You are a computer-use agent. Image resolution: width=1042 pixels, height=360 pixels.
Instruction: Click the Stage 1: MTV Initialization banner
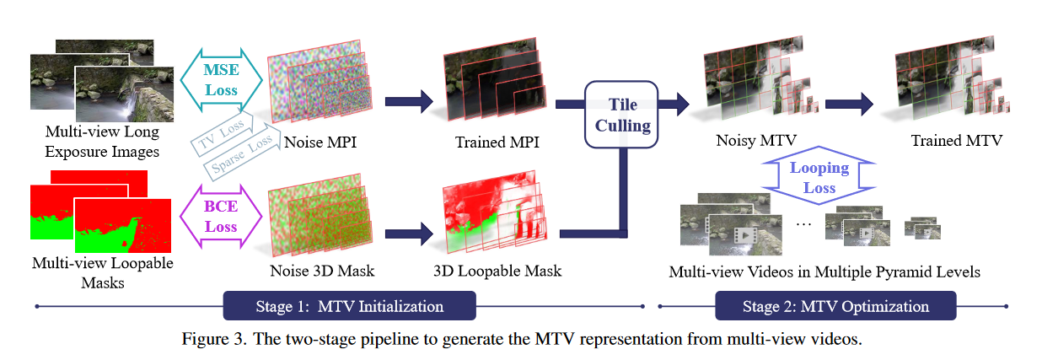click(x=349, y=306)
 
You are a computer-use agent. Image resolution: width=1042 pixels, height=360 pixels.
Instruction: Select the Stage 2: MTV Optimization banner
click(x=835, y=306)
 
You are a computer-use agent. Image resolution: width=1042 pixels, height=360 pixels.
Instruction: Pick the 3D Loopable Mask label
click(x=497, y=271)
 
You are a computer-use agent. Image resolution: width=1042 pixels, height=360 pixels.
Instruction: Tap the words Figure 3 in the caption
click(x=209, y=340)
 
